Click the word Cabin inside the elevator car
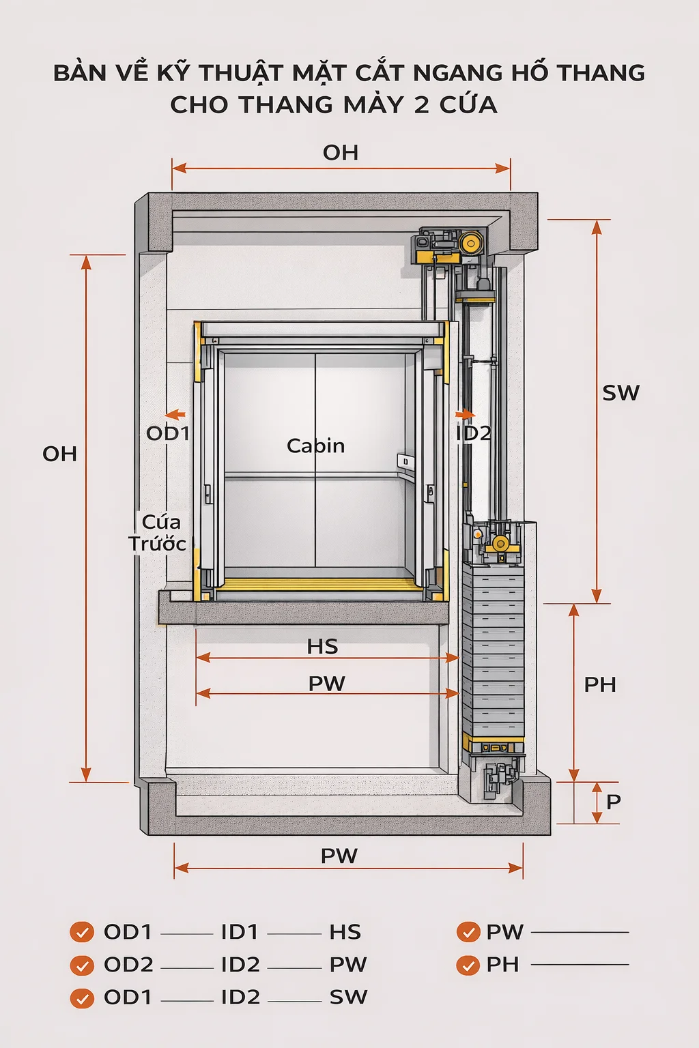[315, 446]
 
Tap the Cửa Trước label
[158, 533]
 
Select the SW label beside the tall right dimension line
[620, 393]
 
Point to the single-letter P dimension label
[613, 801]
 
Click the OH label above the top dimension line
[341, 153]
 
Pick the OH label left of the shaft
[59, 454]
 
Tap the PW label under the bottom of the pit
[339, 856]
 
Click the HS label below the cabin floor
[322, 646]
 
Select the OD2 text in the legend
[128, 965]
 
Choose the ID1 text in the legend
[240, 932]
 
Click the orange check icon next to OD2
[82, 965]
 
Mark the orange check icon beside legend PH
[468, 965]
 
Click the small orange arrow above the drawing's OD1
[175, 414]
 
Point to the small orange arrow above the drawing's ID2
[466, 414]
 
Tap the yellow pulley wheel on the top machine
[470, 243]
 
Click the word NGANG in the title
[457, 72]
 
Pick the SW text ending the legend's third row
[348, 998]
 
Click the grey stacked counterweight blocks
[493, 648]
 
